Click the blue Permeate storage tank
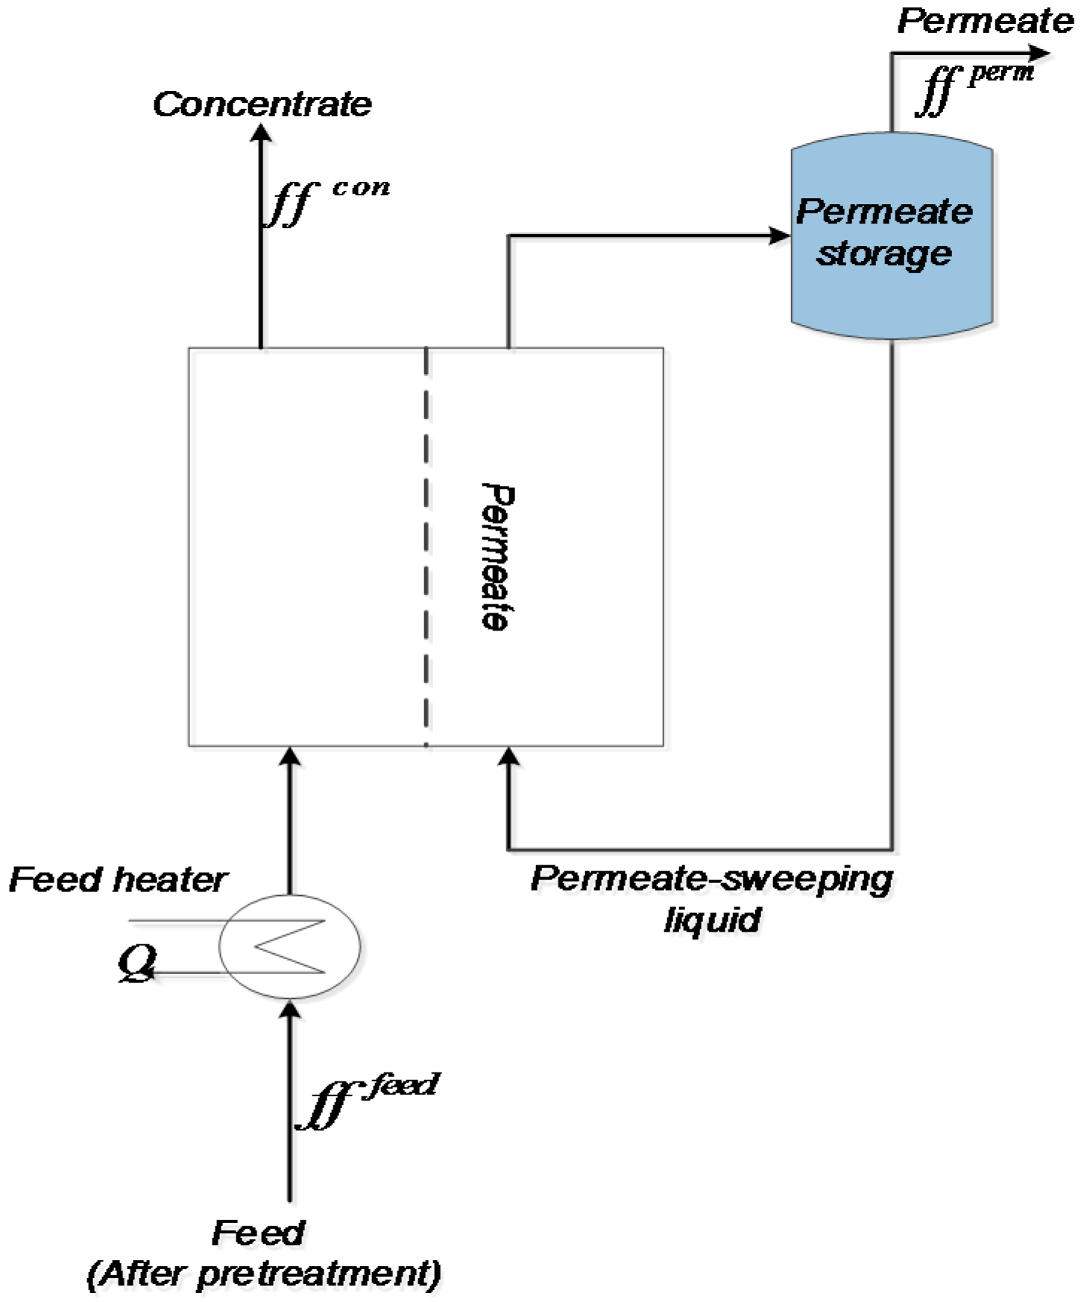point(891,236)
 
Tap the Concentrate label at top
point(262,104)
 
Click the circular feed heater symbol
point(289,946)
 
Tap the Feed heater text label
point(117,880)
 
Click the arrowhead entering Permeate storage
point(780,236)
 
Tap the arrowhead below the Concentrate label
point(260,133)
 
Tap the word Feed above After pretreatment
point(258,1233)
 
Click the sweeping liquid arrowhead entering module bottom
point(508,756)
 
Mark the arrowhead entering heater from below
point(290,1011)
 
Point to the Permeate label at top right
point(984,20)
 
